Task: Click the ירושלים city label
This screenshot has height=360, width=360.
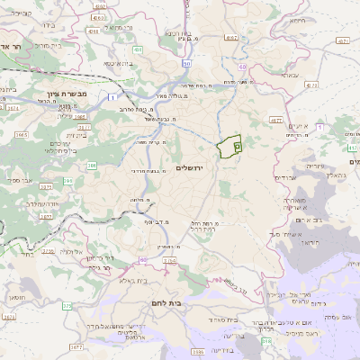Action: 192,168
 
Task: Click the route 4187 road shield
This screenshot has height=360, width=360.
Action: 232,37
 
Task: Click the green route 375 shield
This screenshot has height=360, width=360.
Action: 67,306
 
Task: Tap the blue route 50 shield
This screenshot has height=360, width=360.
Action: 186,64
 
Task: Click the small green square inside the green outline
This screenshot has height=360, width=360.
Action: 237,145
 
